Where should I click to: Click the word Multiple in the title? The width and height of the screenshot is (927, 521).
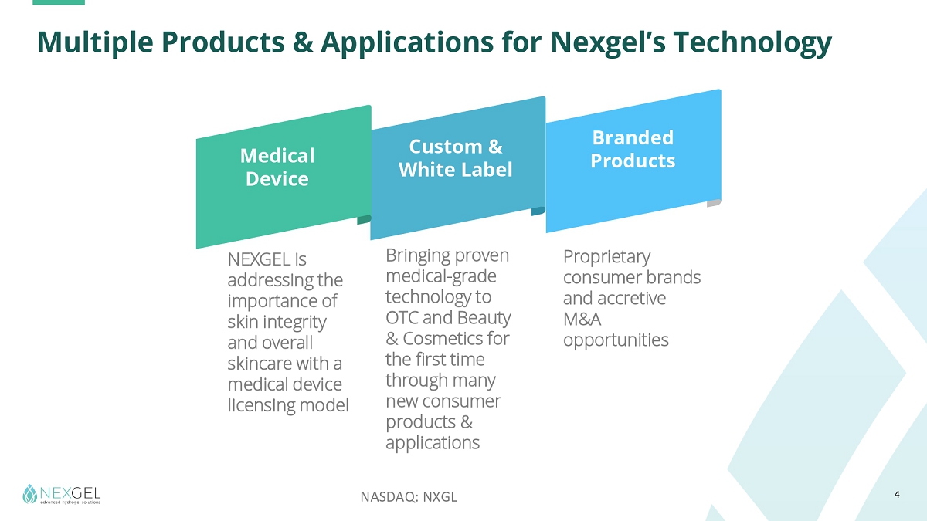(95, 42)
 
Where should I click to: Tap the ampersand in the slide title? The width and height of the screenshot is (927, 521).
(303, 42)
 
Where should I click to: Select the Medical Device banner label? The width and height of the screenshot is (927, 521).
(277, 167)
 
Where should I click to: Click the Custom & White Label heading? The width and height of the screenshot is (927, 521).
(455, 158)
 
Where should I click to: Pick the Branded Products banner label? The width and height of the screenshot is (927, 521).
(633, 149)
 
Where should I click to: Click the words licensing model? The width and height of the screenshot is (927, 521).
(288, 405)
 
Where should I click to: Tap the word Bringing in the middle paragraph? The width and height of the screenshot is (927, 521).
(418, 256)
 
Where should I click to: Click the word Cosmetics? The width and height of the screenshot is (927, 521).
(443, 339)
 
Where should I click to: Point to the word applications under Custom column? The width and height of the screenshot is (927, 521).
(433, 443)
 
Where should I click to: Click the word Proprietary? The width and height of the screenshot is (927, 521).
(606, 257)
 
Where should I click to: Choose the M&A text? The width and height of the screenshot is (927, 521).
(582, 320)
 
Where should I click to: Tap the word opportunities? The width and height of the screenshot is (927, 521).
(616, 340)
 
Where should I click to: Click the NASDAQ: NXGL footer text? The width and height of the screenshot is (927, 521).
(409, 496)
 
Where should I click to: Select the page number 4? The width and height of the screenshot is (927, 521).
(897, 495)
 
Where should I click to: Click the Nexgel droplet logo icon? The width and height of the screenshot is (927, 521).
(30, 494)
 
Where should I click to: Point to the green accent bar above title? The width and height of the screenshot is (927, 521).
(59, 2)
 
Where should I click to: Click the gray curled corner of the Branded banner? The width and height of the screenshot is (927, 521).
(714, 203)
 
